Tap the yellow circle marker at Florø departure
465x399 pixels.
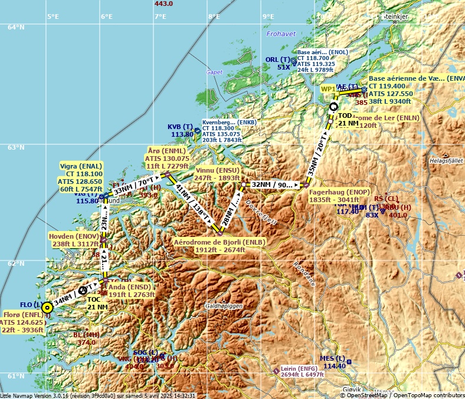coord(47,307)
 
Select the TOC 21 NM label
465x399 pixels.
coord(97,303)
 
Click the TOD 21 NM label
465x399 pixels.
coord(348,120)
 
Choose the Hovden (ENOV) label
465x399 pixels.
coord(74,240)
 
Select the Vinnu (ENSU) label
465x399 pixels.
coord(217,173)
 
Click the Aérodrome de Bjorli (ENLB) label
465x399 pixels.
coord(220,246)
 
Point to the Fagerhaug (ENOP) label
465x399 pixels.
coord(339,196)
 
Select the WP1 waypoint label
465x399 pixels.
coord(328,88)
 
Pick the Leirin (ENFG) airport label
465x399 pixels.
coord(302,371)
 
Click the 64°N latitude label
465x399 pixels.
coord(16,27)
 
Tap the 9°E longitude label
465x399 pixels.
coord(268,17)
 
